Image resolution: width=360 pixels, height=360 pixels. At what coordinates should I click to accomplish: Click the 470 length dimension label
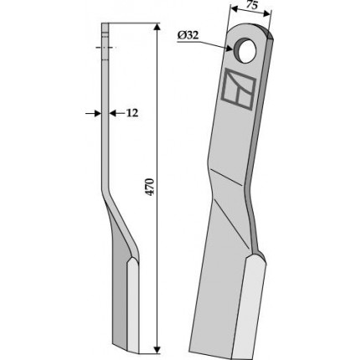(x=150, y=187)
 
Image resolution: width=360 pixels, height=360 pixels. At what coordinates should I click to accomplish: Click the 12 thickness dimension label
(x=132, y=113)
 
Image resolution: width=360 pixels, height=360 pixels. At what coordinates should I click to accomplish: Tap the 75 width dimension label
(x=252, y=6)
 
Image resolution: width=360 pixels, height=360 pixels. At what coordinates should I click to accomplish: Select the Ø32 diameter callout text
(x=188, y=35)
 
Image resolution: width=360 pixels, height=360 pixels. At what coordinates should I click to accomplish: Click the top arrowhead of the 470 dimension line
(x=157, y=27)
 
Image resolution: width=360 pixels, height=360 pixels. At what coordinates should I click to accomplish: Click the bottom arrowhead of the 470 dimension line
(x=157, y=349)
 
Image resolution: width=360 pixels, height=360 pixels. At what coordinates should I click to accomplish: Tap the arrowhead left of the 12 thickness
(x=98, y=113)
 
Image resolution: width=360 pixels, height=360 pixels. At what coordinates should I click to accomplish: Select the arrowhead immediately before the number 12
(x=112, y=113)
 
